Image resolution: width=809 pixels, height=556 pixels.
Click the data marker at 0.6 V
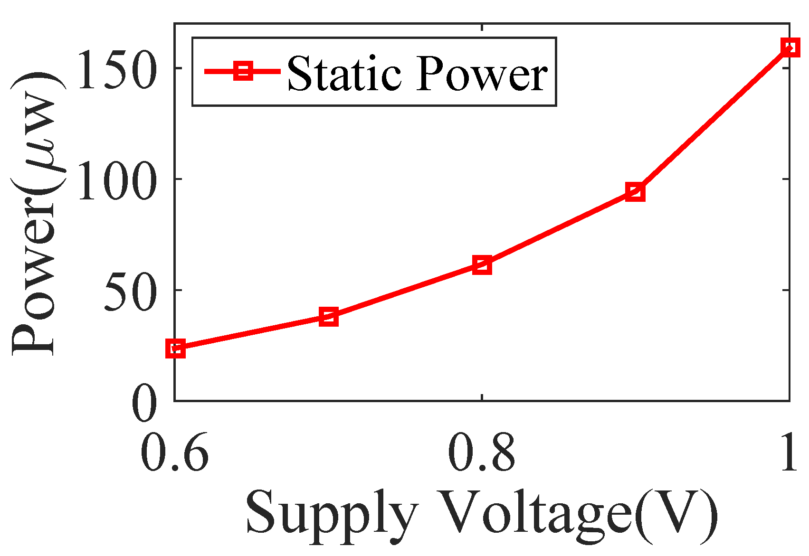(x=175, y=349)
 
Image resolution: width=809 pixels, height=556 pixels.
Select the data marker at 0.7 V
(x=329, y=317)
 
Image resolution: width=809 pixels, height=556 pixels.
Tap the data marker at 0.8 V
(x=482, y=265)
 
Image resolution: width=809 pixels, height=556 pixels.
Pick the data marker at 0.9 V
(x=636, y=192)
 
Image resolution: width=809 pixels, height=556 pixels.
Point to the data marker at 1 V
(x=789, y=47)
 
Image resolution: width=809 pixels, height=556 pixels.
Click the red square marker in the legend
(x=243, y=71)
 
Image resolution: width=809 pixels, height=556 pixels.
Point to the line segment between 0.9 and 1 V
(x=713, y=120)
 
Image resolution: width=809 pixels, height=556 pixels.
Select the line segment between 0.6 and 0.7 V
(x=252, y=332)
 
